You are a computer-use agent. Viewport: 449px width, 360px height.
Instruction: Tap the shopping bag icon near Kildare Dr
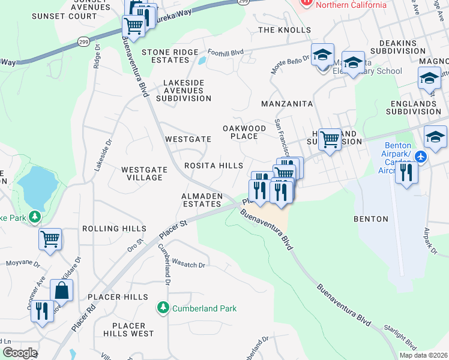tap(61, 291)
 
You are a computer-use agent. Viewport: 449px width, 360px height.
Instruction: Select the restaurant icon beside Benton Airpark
tap(407, 173)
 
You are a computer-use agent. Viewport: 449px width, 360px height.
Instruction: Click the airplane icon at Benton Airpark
tap(420, 156)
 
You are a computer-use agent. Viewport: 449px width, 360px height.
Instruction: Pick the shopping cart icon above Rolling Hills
tap(50, 239)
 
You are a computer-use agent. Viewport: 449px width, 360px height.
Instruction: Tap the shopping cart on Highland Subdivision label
tap(330, 139)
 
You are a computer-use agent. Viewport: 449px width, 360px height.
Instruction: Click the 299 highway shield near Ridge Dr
tap(83, 41)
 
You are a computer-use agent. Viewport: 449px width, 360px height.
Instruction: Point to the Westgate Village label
tap(143, 173)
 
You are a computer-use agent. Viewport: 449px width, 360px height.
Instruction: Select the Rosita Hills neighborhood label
tap(214, 165)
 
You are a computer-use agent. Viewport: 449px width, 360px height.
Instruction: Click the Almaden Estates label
tap(202, 200)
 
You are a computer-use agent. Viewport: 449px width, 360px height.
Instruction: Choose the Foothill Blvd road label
tap(225, 52)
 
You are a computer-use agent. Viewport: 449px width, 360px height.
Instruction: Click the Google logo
tap(19, 353)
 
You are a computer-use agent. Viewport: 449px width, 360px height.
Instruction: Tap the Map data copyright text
tap(423, 355)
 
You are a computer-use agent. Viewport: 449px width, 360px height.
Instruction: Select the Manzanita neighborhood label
tap(287, 104)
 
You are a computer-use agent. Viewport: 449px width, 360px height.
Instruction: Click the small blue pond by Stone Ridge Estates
tap(201, 60)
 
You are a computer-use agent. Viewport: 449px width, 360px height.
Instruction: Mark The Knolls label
tap(285, 29)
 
